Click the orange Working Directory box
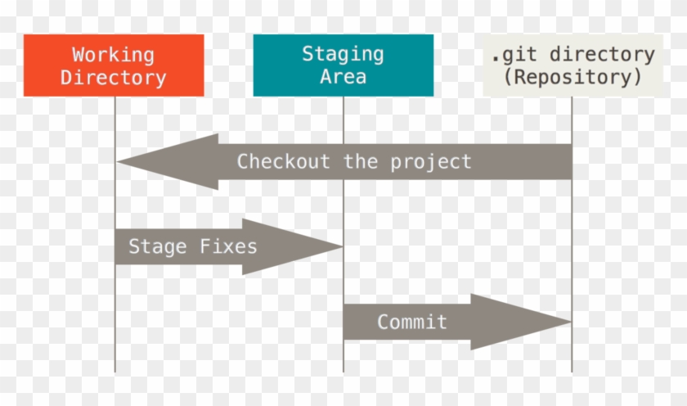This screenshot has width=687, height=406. tap(114, 65)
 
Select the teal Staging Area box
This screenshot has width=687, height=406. tap(343, 65)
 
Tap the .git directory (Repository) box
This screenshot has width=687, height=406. tap(572, 65)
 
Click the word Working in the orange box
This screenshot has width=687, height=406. tap(113, 55)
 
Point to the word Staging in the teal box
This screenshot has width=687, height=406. tap(343, 54)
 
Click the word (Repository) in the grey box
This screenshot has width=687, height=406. tap(572, 78)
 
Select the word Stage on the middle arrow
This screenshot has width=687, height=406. tap(155, 246)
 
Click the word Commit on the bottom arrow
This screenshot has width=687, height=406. tap(412, 322)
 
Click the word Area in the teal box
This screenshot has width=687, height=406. tap(343, 78)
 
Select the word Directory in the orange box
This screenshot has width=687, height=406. tap(113, 79)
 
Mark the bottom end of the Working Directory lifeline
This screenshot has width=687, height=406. tap(114, 370)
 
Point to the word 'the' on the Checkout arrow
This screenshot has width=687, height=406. tap(361, 161)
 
